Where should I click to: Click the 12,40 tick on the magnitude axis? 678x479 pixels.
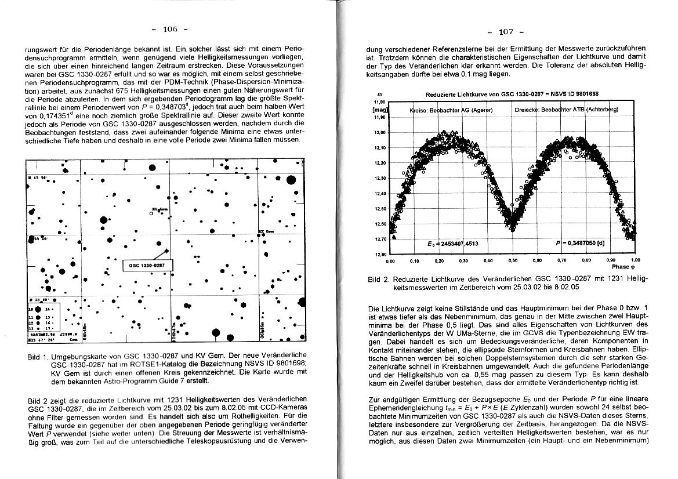coord(380,194)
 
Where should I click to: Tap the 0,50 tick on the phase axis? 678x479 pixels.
coord(512,261)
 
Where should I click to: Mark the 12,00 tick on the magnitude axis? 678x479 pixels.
coord(380,133)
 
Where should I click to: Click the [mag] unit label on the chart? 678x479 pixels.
coord(380,109)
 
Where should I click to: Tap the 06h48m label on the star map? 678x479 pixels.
coord(84,329)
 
